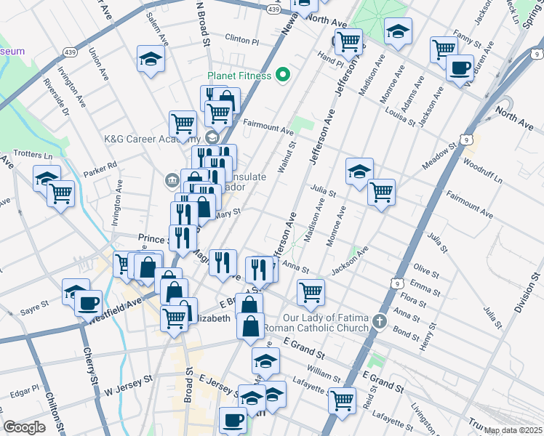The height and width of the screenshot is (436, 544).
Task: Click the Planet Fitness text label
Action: (239, 76)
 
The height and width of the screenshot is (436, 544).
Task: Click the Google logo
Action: (24, 427)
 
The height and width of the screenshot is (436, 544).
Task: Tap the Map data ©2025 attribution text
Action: (513, 430)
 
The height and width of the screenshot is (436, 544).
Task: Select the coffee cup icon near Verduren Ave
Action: (460, 68)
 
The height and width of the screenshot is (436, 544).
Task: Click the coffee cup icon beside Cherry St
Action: (89, 302)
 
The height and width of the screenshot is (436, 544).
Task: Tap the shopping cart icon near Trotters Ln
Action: (60, 193)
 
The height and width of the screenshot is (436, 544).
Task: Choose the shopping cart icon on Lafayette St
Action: (341, 399)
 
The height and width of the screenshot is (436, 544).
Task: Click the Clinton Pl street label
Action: (242, 40)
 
